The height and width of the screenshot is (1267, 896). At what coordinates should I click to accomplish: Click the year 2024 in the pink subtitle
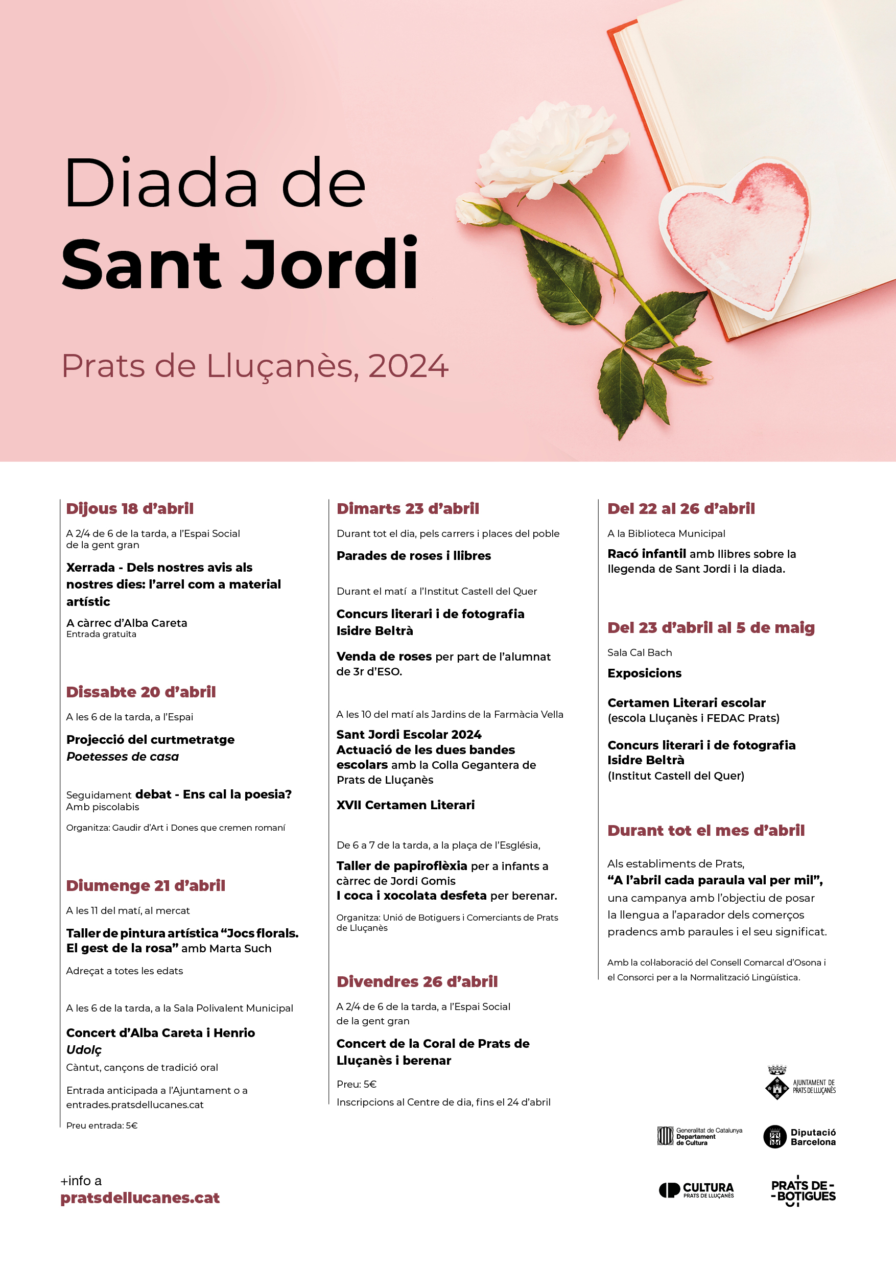click(x=408, y=366)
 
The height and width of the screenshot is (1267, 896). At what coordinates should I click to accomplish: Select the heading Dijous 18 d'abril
click(x=130, y=508)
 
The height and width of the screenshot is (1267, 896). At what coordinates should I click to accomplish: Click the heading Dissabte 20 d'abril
click(x=140, y=691)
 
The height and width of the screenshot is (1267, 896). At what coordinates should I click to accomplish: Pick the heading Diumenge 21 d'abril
click(x=146, y=885)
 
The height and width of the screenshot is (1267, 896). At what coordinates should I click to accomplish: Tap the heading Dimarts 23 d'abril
click(x=408, y=508)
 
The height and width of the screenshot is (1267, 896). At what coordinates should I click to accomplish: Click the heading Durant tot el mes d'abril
click(x=705, y=830)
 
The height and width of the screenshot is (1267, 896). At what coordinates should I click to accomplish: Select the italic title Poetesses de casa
click(x=123, y=756)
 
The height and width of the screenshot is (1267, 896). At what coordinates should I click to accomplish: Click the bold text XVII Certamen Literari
click(x=406, y=805)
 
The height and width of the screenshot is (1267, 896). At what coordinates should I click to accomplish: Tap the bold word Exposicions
click(x=644, y=673)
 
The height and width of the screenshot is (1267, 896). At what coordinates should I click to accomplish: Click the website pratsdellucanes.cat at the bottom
click(x=140, y=1198)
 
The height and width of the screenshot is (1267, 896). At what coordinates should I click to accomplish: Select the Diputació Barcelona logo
click(x=799, y=1137)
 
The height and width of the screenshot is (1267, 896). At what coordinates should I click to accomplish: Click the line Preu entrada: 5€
click(x=102, y=1125)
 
